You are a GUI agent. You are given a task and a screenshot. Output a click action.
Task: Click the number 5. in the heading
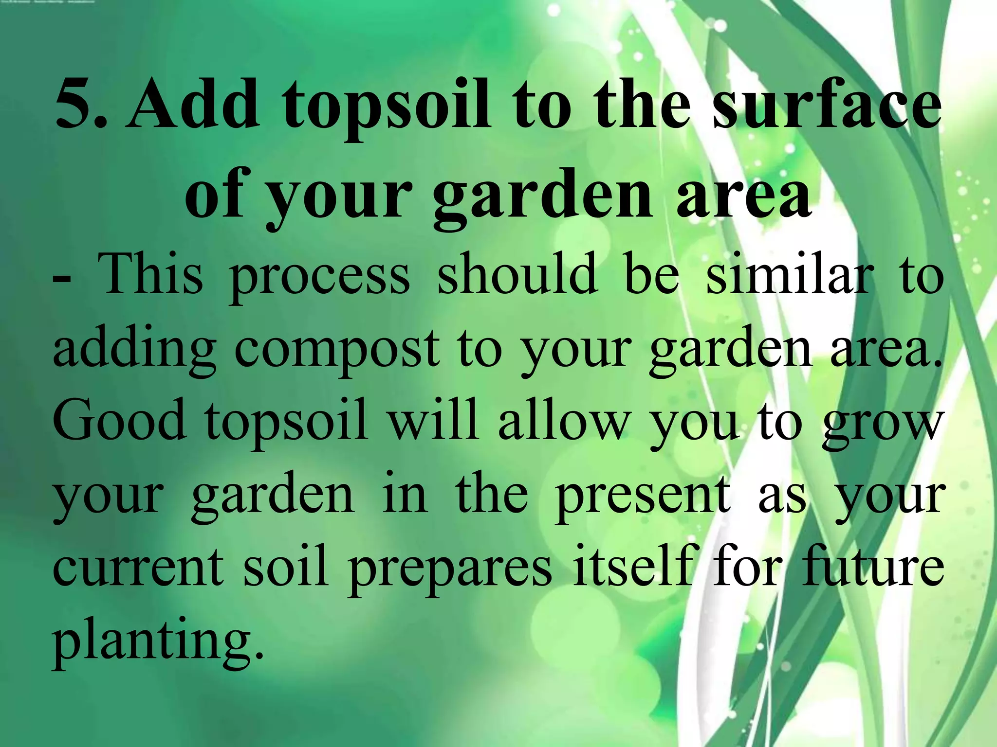(x=80, y=105)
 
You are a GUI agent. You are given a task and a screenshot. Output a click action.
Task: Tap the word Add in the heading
(x=192, y=105)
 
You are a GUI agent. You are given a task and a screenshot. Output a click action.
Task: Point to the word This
(x=150, y=275)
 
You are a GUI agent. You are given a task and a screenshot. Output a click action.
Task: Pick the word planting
(x=158, y=642)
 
